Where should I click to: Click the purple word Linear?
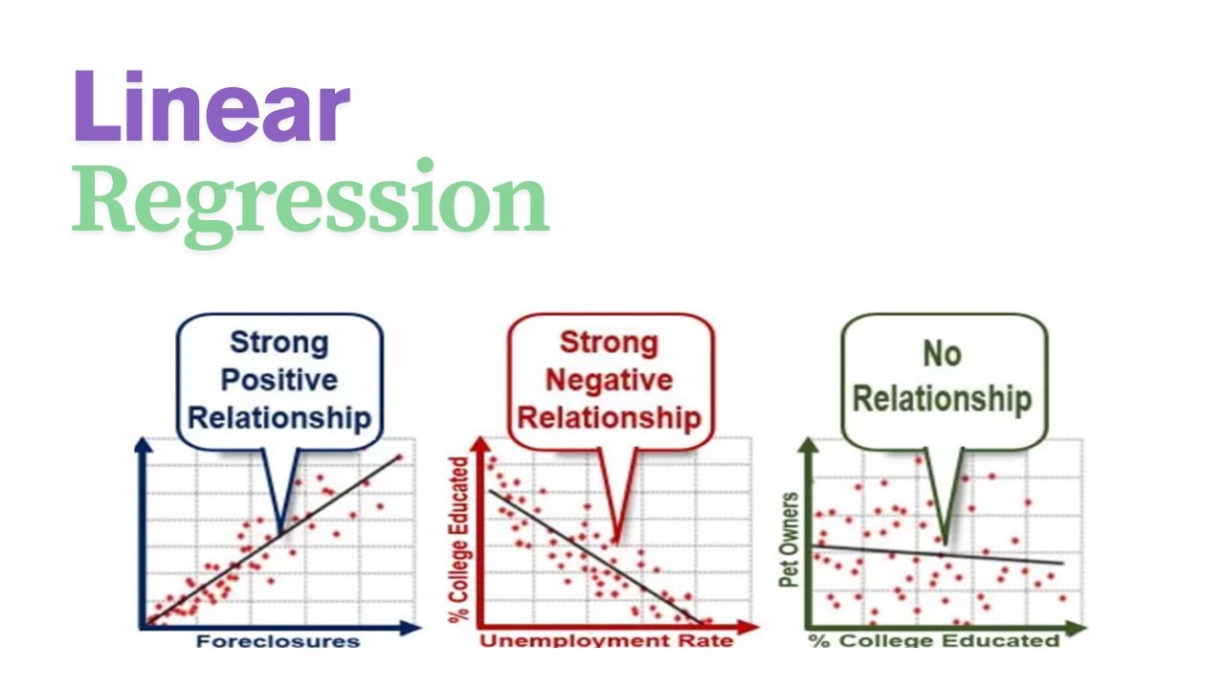point(211,108)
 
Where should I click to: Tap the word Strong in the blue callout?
point(278,343)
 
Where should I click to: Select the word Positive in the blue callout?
point(278,380)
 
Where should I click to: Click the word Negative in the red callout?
point(610,380)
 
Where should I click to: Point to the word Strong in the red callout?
point(610,343)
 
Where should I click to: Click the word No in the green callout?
point(942,354)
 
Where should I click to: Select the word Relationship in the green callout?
point(942,398)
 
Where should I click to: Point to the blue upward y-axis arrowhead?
point(144,446)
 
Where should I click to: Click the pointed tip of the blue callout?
point(279,531)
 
